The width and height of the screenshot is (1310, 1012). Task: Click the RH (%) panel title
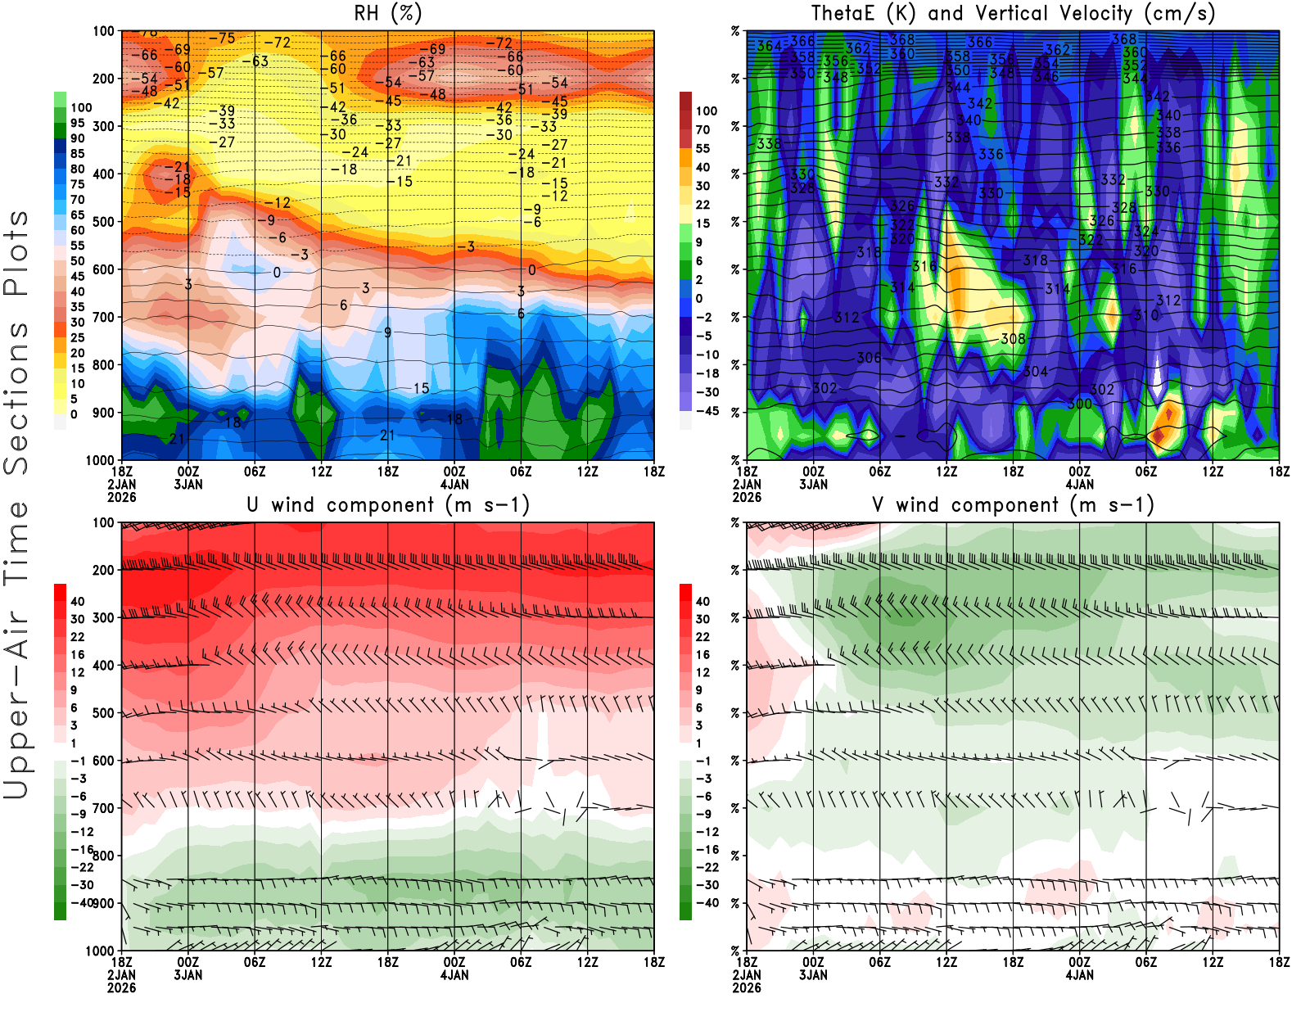[x=388, y=14]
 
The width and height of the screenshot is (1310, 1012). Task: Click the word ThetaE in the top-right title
[x=842, y=14]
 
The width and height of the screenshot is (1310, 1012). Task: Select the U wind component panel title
[x=388, y=505]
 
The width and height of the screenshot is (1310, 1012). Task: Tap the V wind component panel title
[x=1013, y=505]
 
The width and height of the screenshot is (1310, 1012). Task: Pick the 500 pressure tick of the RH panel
[x=103, y=222]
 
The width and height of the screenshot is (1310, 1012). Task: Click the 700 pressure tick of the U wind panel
[x=103, y=808]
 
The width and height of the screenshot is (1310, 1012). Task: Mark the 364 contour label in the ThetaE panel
[x=769, y=46]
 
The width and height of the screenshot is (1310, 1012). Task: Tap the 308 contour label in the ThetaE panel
[x=1013, y=339]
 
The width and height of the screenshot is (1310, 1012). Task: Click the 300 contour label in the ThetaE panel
[x=1079, y=404]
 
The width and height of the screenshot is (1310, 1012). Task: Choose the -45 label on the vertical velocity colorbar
[x=707, y=411]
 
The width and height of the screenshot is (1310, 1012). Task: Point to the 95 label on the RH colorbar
[x=77, y=123]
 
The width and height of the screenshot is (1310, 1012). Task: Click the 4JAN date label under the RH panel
[x=454, y=484]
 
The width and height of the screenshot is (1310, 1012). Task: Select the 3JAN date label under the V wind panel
[x=813, y=975]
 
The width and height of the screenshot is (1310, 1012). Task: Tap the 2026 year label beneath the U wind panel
[x=121, y=987]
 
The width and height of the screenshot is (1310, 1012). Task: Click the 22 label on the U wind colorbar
[x=77, y=637]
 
